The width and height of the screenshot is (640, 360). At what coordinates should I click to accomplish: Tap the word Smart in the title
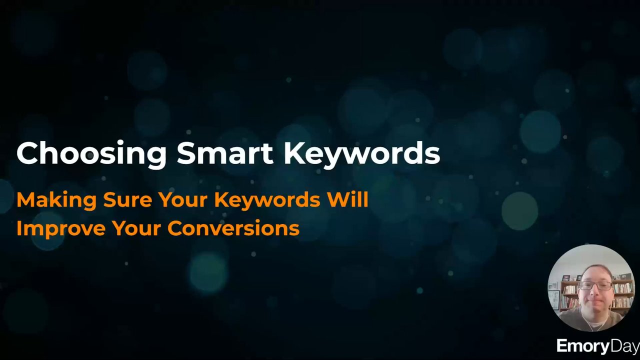point(225,153)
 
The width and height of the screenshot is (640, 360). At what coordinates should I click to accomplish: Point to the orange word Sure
point(127,200)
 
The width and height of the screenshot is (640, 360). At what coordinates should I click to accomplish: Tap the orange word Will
point(347,199)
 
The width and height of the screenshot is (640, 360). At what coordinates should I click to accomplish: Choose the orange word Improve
point(61,229)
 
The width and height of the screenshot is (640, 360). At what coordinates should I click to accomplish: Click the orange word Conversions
point(233,228)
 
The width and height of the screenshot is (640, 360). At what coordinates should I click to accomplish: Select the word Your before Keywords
point(183,199)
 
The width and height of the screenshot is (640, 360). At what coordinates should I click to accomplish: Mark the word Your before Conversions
point(136,228)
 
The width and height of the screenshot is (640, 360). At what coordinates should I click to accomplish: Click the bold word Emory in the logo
point(583,347)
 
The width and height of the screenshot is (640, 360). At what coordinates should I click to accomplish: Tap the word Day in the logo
point(624,347)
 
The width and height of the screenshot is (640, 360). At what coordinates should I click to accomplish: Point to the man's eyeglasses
point(596,285)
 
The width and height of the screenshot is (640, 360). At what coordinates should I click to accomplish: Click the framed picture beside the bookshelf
point(553,299)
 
